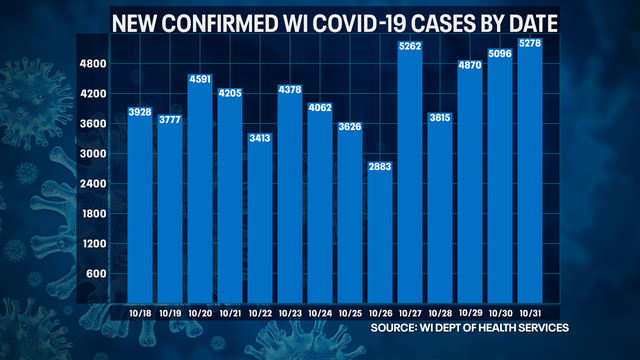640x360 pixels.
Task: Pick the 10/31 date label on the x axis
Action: (531, 313)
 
